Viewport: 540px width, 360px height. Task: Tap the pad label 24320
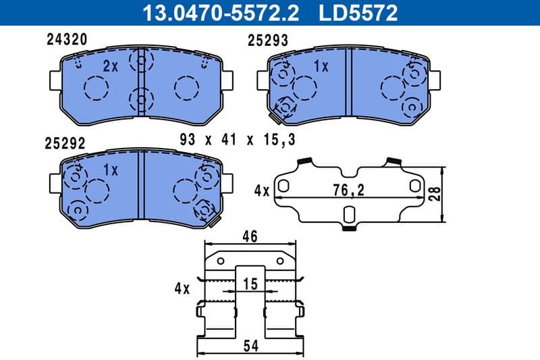click(x=65, y=40)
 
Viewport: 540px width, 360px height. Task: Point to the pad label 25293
click(x=268, y=41)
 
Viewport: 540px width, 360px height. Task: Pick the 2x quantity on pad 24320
click(x=111, y=66)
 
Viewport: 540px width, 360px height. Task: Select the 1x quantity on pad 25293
click(x=321, y=66)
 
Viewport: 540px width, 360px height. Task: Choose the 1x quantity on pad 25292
click(x=111, y=170)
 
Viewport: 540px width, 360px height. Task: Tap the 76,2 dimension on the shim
click(x=350, y=191)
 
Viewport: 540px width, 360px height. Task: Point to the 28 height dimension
click(x=437, y=194)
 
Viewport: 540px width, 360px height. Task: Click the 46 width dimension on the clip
click(x=250, y=237)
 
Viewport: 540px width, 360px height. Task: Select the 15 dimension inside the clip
click(x=250, y=285)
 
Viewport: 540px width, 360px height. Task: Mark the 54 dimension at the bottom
click(x=250, y=346)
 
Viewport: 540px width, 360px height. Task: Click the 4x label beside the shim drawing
click(x=262, y=191)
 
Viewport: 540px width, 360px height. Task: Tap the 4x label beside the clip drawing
click(x=182, y=288)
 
